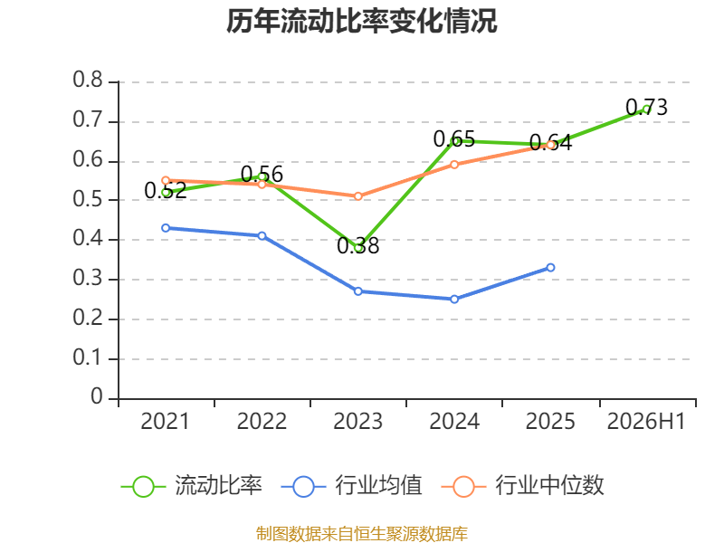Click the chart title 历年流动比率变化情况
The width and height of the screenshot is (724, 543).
point(361,21)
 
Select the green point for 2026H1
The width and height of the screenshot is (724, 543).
point(646,110)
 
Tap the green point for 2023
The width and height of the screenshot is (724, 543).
point(358,248)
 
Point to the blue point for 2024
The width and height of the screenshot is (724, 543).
point(454,300)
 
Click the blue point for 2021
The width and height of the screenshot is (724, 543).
point(166,228)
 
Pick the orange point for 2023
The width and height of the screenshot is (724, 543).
point(358,196)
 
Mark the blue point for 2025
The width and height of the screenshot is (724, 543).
point(550,267)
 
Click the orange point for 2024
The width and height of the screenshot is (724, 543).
point(454,165)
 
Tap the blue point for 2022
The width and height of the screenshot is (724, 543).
point(262,236)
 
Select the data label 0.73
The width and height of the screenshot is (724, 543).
point(646,107)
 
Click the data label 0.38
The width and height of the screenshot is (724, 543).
point(358,245)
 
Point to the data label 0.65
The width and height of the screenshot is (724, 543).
point(454,139)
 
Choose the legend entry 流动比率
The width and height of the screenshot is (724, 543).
point(192,486)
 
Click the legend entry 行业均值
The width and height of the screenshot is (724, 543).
point(351,486)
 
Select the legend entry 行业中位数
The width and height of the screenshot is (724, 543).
point(523,486)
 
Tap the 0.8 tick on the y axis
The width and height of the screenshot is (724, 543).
point(88,80)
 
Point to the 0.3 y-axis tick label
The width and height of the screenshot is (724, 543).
point(88,279)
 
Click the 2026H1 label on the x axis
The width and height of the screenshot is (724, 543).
point(646,422)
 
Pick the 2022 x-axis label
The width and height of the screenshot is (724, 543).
point(262,422)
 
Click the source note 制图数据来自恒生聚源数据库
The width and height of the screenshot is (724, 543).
point(362,534)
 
